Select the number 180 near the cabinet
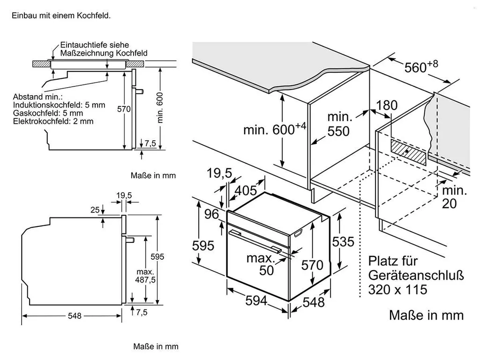pyautogui.click(x=387, y=105)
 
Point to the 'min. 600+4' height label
pyautogui.click(x=274, y=129)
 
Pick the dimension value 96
pyautogui.click(x=212, y=214)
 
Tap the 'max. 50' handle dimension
pyautogui.click(x=261, y=264)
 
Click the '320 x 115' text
pyautogui.click(x=397, y=290)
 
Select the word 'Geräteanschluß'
pyautogui.click(x=416, y=275)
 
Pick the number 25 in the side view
pyautogui.click(x=95, y=210)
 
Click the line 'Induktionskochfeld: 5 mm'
pyautogui.click(x=60, y=105)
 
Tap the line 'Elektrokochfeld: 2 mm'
pyautogui.click(x=53, y=121)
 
